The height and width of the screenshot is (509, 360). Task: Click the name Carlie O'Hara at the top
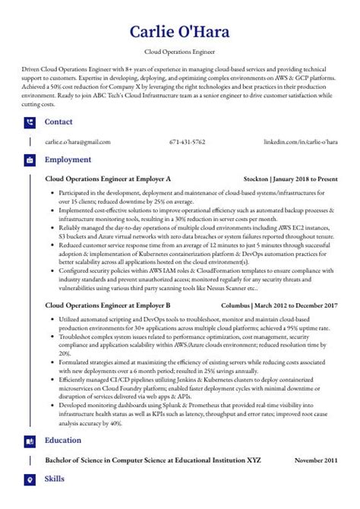[x=180, y=31]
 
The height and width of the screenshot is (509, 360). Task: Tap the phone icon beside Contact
[x=30, y=122]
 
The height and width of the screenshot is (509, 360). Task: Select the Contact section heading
[x=59, y=122]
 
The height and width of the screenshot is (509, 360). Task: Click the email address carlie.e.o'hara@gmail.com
[x=77, y=142]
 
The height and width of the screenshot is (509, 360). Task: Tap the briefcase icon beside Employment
[x=30, y=161]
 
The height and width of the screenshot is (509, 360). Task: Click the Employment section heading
[x=68, y=160]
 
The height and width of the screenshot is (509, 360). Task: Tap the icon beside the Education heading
[x=30, y=441]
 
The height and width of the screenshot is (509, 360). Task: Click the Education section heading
[x=65, y=440]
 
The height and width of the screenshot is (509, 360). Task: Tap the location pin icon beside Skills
[x=30, y=479]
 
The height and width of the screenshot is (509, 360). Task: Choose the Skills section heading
[x=55, y=479]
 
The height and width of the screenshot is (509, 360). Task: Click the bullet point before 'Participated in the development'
[x=52, y=194]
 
